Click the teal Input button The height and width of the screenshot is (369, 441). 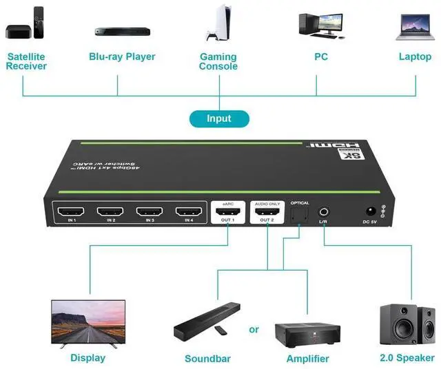pyautogui.click(x=219, y=118)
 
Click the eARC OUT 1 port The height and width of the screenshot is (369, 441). pyautogui.click(x=227, y=212)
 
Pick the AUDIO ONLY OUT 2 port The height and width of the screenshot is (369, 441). pyautogui.click(x=266, y=212)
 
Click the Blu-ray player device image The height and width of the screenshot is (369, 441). pyautogui.click(x=122, y=31)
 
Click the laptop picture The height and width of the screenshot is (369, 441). pyautogui.click(x=415, y=26)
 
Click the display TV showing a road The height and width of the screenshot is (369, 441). pyautogui.click(x=88, y=322)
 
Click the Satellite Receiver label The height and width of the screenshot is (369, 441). pyautogui.click(x=26, y=61)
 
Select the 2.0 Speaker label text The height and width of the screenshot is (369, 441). pyautogui.click(x=406, y=357)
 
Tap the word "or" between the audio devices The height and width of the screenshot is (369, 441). pyautogui.click(x=254, y=330)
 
